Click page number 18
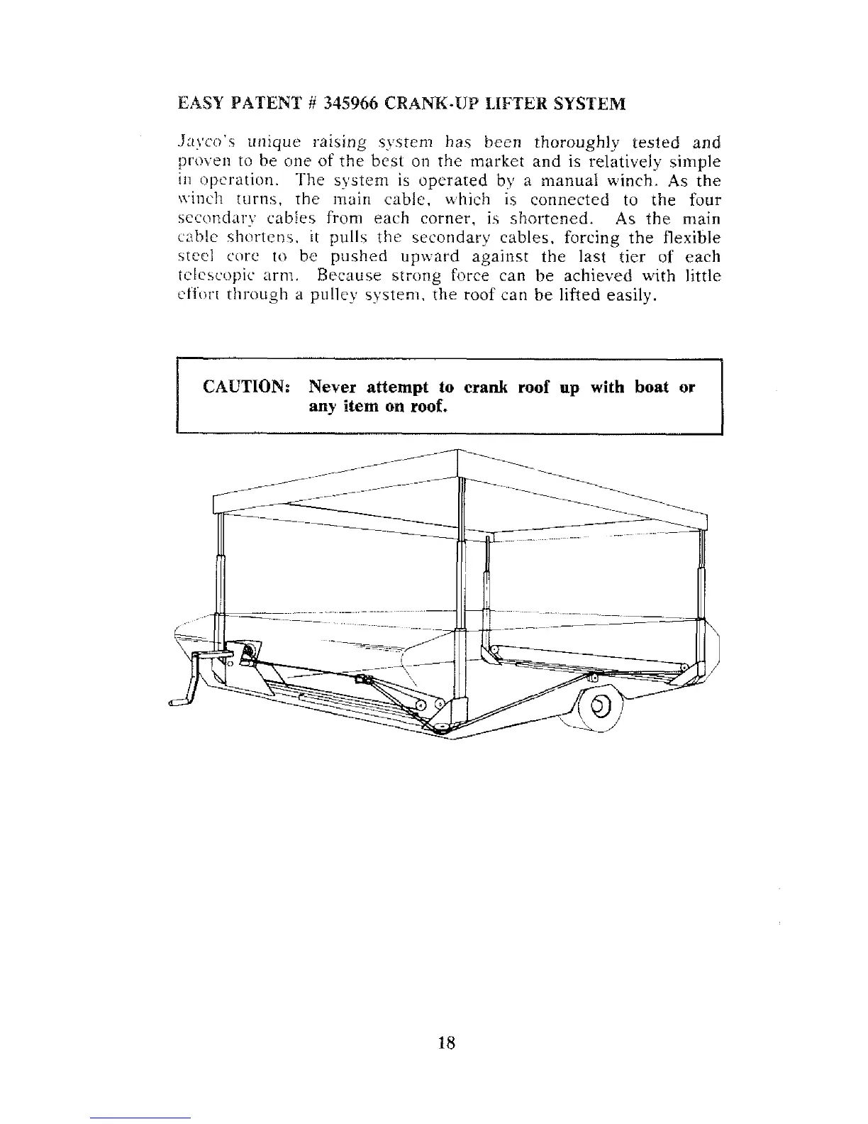click(x=446, y=1042)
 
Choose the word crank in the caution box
click(x=486, y=387)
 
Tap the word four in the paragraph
click(x=704, y=200)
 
